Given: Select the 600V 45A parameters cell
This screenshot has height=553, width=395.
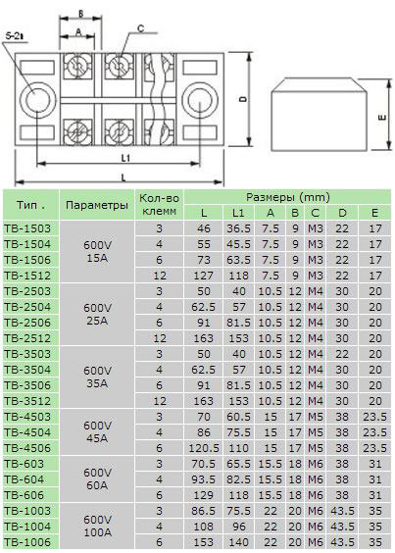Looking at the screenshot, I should pos(96,431).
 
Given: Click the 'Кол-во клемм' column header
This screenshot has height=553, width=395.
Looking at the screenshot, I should pos(159,204).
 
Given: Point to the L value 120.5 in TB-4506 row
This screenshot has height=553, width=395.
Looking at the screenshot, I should pos(203,447).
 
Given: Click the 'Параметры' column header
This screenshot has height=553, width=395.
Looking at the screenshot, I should pos(96,205).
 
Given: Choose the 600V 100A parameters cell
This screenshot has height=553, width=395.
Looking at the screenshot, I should pos(96,526).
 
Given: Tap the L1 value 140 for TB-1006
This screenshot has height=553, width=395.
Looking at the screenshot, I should pos(238,542).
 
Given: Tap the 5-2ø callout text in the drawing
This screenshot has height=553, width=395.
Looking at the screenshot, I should pos(14,35).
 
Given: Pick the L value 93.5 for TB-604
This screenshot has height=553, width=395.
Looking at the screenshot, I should pos(203,478).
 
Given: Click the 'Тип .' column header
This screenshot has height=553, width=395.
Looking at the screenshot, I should pos(29,205).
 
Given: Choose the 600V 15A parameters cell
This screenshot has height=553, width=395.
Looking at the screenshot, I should pos(96,251).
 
